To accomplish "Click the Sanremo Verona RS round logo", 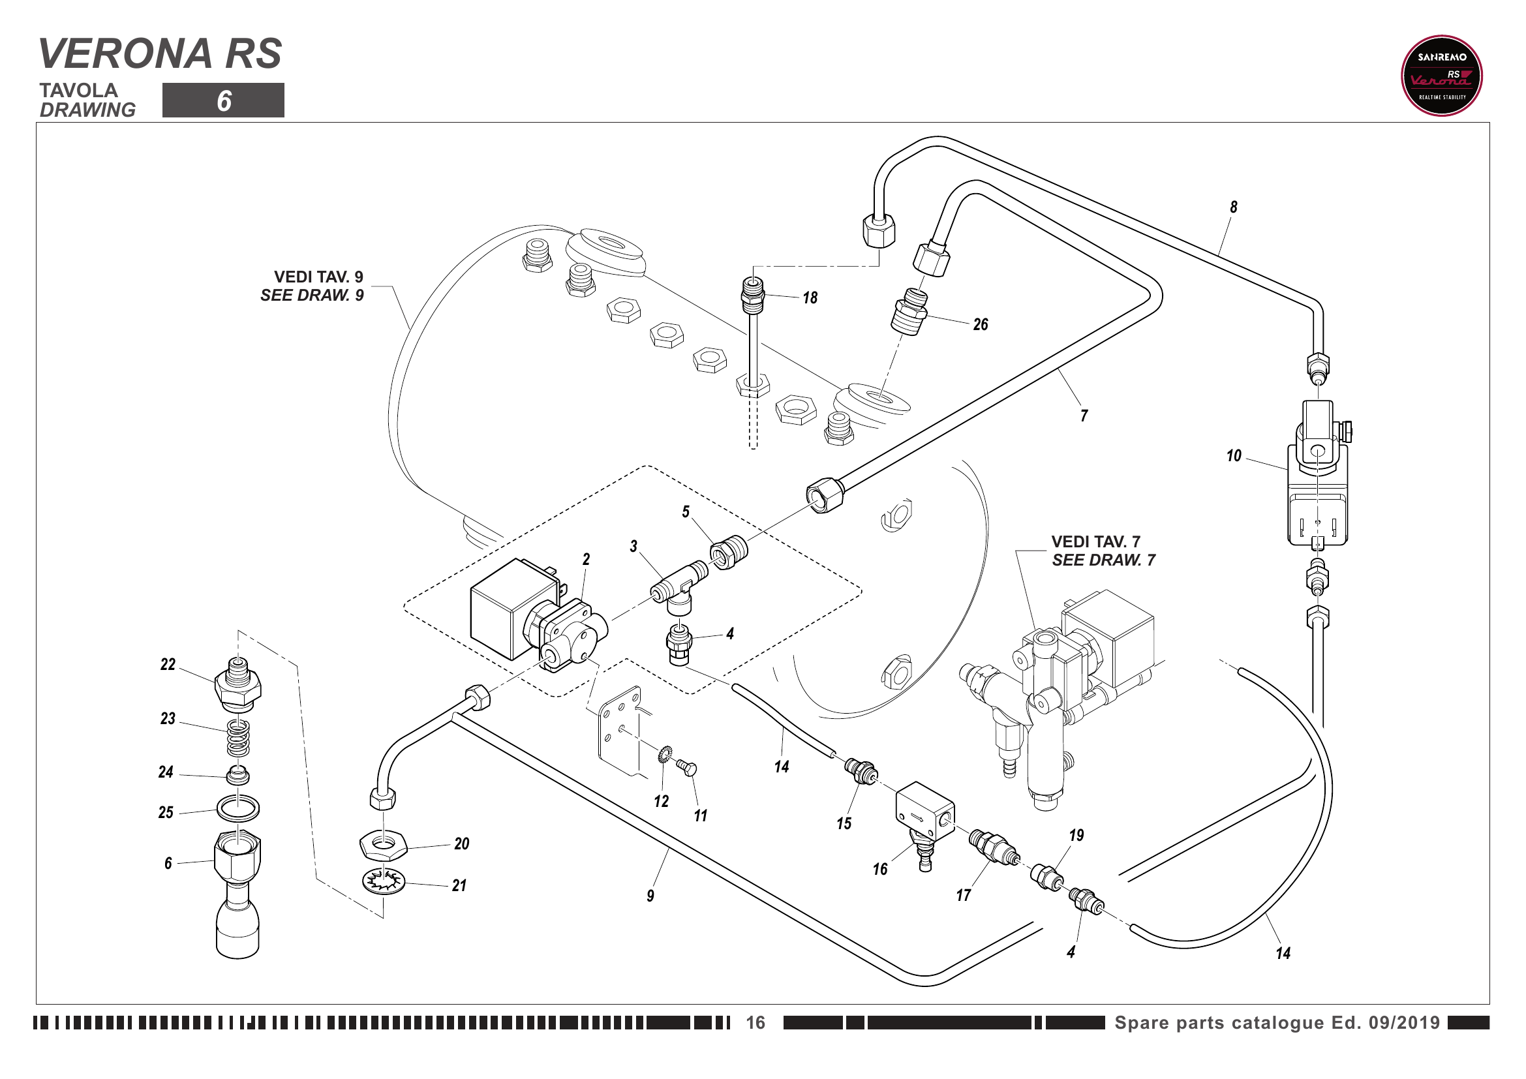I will [1441, 76].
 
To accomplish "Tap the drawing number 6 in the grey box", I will [224, 101].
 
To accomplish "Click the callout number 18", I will [810, 298].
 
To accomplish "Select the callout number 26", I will [981, 325].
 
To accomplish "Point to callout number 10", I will [1234, 456].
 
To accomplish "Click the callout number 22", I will [168, 664].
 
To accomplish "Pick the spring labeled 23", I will [239, 738].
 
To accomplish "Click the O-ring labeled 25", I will [238, 808].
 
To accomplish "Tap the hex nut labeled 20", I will [383, 846].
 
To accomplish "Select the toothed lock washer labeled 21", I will [384, 882].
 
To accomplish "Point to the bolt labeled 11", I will [686, 768].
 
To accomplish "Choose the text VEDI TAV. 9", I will [318, 277].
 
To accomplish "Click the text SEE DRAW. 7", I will [1103, 560].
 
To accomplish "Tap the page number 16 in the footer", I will [755, 1022].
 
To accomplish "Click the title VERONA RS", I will [160, 53].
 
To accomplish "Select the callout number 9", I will [650, 896].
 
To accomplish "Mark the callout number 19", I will [1076, 835].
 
